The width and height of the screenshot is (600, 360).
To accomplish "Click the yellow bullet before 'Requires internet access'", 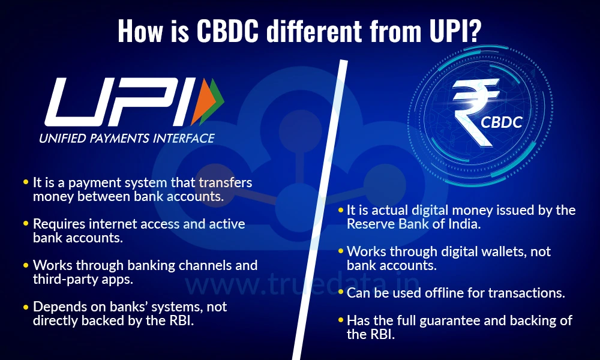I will [x=26, y=223].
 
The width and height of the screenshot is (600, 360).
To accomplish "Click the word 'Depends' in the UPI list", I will [x=56, y=307].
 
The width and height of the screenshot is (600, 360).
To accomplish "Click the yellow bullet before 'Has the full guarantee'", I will [x=340, y=320].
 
